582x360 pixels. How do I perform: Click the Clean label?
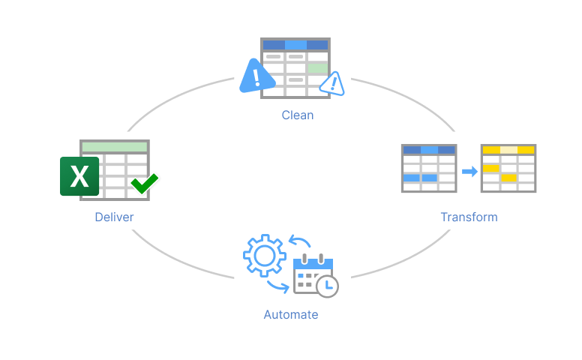click(x=298, y=115)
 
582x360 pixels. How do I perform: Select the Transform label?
click(x=469, y=217)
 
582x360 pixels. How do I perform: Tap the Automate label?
click(x=291, y=315)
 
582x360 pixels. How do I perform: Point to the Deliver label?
click(x=114, y=217)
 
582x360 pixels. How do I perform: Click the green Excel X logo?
click(x=79, y=176)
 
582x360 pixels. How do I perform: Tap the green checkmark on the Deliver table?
click(x=144, y=183)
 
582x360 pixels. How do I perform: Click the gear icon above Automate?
click(x=264, y=256)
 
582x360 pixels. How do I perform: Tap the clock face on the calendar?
click(x=327, y=286)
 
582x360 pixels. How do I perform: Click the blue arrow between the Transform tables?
click(x=469, y=172)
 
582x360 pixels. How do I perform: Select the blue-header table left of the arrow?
click(x=429, y=169)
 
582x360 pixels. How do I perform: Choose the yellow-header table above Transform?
click(x=508, y=169)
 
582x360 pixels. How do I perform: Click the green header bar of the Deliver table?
click(x=115, y=146)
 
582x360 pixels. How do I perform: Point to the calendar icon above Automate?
click(x=310, y=274)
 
